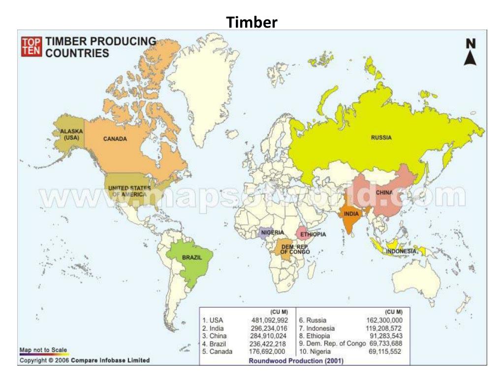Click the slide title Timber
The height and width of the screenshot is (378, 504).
pyautogui.click(x=252, y=22)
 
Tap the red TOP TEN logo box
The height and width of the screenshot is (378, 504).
pyautogui.click(x=31, y=47)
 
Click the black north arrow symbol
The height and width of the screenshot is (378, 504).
pyautogui.click(x=471, y=52)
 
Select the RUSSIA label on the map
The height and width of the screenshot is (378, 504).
pyautogui.click(x=381, y=138)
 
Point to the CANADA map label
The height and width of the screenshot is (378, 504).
pyautogui.click(x=115, y=139)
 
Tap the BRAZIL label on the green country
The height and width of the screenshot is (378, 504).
pyautogui.click(x=192, y=257)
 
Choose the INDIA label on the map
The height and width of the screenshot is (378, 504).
pyautogui.click(x=351, y=214)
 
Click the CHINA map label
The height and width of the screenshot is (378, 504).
pyautogui.click(x=384, y=192)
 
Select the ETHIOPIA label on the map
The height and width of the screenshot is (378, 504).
pyautogui.click(x=313, y=235)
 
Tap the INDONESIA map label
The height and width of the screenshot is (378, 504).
pyautogui.click(x=401, y=252)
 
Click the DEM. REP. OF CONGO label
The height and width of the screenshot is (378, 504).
pyautogui.click(x=295, y=249)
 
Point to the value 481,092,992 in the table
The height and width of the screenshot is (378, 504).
pyautogui.click(x=269, y=320)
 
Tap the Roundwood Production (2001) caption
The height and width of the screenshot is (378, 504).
pyautogui.click(x=296, y=361)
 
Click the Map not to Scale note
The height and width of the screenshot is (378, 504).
pyautogui.click(x=43, y=350)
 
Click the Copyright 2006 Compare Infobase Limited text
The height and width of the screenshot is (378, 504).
pyautogui.click(x=84, y=360)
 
